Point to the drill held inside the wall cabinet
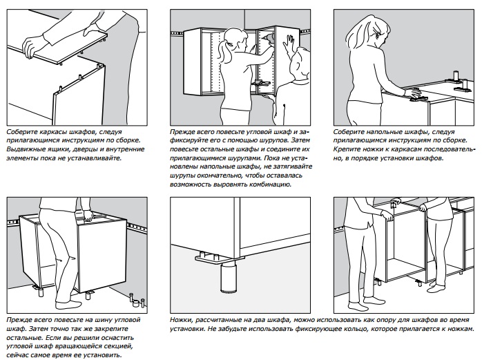267,38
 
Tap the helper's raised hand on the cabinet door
289,45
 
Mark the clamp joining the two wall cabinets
260,83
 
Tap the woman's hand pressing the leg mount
412,92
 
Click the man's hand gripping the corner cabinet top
89,216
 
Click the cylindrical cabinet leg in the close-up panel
229,278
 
